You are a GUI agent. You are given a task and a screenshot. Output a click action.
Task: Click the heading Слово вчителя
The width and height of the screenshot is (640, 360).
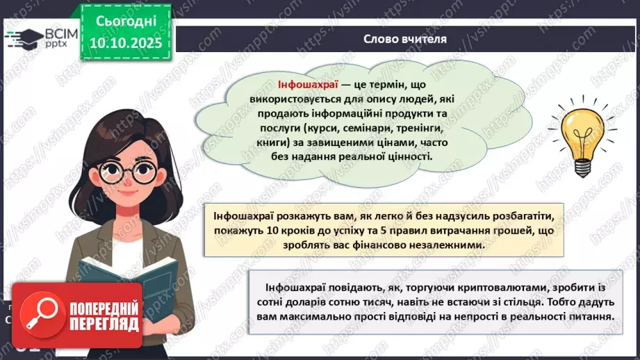[404, 39]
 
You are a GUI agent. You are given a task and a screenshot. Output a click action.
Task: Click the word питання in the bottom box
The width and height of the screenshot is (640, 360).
[591, 317]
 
